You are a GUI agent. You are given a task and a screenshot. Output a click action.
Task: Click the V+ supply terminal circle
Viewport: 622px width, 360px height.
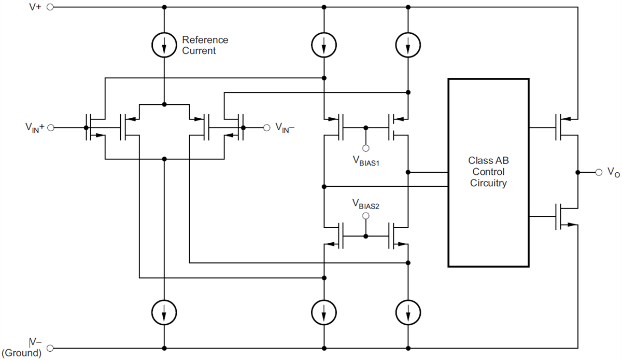coord(50,7)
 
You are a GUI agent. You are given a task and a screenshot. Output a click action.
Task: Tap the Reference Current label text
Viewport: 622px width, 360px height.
coord(205,45)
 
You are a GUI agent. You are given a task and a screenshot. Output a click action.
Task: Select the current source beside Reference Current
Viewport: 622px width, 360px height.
coord(164,46)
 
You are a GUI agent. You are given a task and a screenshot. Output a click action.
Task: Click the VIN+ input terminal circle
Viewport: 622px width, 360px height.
coord(50,127)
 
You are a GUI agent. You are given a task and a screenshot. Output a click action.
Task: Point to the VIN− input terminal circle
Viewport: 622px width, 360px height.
coord(266,127)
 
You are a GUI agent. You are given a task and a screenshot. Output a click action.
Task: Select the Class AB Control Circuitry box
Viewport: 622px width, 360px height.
coord(488,172)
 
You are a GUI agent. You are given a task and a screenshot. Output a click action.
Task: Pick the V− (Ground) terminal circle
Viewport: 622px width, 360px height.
coord(50,348)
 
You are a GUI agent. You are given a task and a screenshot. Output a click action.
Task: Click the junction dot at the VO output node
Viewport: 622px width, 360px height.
coord(577,172)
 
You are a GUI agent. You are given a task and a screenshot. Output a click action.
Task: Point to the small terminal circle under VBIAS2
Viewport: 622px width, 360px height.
coord(366,215)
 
